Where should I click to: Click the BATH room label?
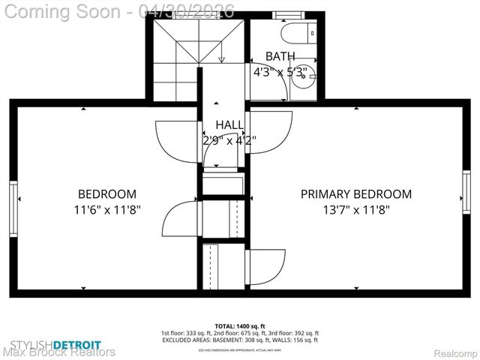pyautogui.click(x=280, y=56)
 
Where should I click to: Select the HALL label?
pyautogui.click(x=229, y=124)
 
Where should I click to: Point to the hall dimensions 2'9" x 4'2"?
pyautogui.click(x=229, y=139)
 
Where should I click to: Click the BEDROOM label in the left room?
pyautogui.click(x=107, y=193)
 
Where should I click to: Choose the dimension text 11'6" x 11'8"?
pyautogui.click(x=107, y=210)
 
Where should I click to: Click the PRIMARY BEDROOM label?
pyautogui.click(x=356, y=193)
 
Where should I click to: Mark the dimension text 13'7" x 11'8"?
pyautogui.click(x=356, y=210)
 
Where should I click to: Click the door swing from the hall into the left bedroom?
pyautogui.click(x=176, y=139)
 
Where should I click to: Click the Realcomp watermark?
pyautogui.click(x=456, y=352)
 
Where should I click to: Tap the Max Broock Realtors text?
pyautogui.click(x=60, y=352)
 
